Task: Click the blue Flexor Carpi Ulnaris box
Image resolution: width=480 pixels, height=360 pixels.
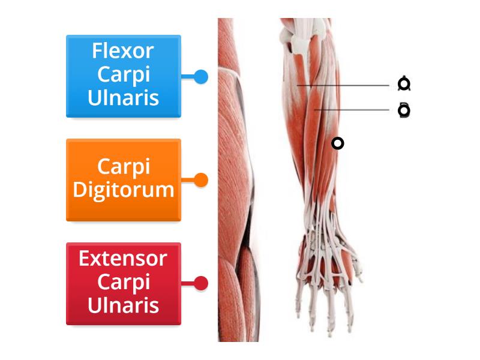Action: coord(123,76)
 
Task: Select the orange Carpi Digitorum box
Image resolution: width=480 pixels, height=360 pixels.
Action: coord(123,179)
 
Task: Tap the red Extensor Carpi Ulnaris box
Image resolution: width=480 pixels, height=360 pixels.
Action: coord(123,283)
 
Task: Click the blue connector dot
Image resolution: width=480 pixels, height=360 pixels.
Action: coord(202,77)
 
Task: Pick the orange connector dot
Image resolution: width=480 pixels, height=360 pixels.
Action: coord(202,179)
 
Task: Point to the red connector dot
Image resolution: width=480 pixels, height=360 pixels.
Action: coord(202,283)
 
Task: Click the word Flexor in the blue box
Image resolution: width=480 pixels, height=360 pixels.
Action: coord(123,51)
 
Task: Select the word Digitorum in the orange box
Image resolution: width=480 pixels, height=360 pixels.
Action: coord(123,191)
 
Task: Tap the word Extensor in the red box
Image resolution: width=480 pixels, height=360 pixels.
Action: coord(123,259)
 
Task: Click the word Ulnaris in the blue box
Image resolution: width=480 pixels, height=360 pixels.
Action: coord(123,98)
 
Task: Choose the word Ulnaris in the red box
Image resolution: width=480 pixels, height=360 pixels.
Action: coord(123,305)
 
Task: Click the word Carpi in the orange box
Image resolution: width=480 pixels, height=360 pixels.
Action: coord(123,167)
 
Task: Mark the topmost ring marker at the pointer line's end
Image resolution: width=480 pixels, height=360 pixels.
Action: coord(404,84)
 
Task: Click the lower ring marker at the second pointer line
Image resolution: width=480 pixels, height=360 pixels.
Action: coord(404,110)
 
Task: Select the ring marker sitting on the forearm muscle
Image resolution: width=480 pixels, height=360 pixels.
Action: coord(338,143)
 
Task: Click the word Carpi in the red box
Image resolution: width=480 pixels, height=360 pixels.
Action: coord(123,283)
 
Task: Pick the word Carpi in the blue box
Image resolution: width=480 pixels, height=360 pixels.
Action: coord(123,75)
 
